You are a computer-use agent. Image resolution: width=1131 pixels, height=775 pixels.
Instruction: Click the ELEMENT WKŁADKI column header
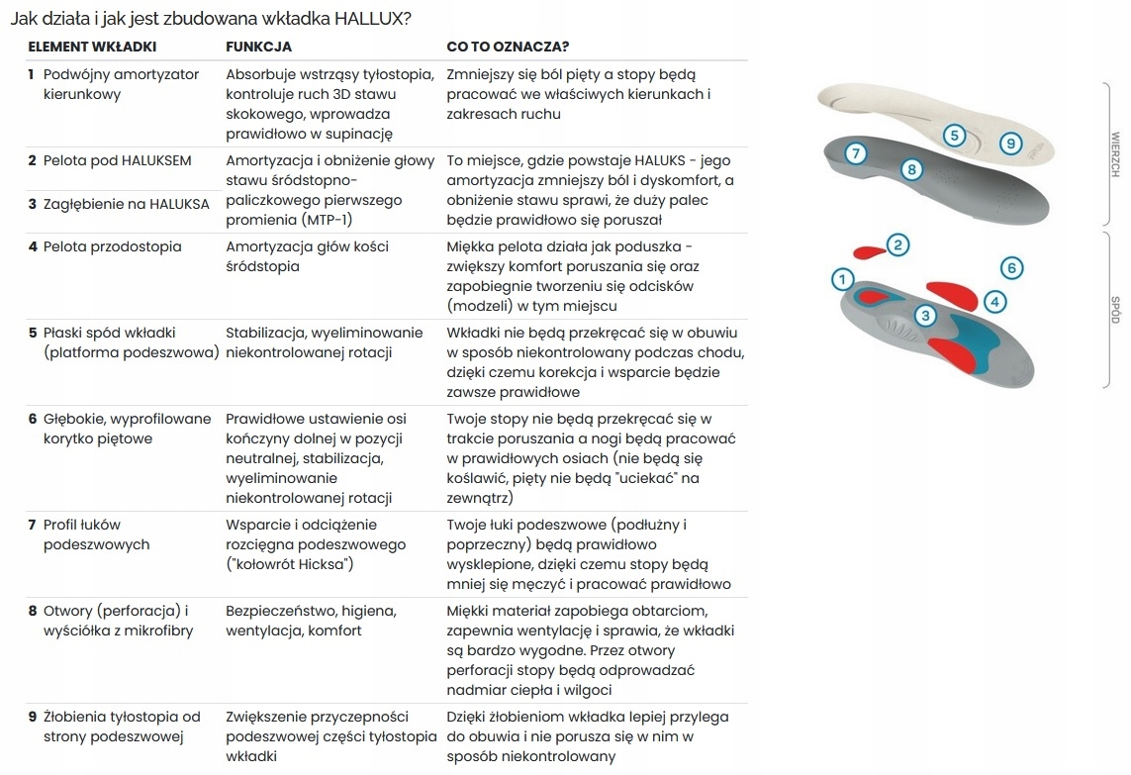pyautogui.click(x=92, y=47)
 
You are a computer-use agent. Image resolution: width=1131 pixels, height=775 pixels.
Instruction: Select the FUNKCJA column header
pyautogui.click(x=258, y=47)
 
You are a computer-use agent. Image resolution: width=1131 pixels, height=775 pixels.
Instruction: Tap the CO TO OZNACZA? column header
pyautogui.click(x=508, y=47)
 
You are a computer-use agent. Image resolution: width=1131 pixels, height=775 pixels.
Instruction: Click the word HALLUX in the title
pyautogui.click(x=368, y=18)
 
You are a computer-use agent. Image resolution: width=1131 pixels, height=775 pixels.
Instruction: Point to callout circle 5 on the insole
pyautogui.click(x=954, y=136)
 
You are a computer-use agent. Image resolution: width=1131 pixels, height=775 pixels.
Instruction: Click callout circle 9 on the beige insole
pyautogui.click(x=1010, y=144)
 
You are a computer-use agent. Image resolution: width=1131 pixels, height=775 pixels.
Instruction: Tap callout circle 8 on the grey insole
pyautogui.click(x=912, y=169)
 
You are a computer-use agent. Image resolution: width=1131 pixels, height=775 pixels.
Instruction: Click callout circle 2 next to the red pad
pyautogui.click(x=897, y=244)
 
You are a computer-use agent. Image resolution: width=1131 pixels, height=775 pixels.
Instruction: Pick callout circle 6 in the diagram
pyautogui.click(x=1010, y=267)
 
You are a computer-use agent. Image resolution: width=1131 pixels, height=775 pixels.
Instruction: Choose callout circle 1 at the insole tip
pyautogui.click(x=841, y=280)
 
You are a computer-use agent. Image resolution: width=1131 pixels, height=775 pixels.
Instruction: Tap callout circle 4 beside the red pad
pyautogui.click(x=994, y=301)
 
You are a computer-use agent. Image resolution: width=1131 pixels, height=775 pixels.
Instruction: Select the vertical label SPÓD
pyautogui.click(x=1114, y=310)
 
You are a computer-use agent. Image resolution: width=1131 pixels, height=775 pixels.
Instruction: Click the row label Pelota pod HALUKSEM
pyautogui.click(x=117, y=160)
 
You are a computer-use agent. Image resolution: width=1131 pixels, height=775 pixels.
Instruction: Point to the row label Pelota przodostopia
pyautogui.click(x=112, y=246)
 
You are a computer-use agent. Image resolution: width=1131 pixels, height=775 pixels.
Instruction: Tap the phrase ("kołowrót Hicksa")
pyautogui.click(x=290, y=564)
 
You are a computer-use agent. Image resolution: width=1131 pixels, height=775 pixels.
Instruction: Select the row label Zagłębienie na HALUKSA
pyautogui.click(x=126, y=204)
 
